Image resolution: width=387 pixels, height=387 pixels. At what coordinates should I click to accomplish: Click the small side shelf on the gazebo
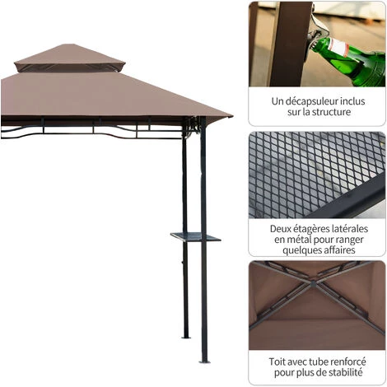(x=196, y=237)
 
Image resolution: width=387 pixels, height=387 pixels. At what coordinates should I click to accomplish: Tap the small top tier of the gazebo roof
(x=70, y=58)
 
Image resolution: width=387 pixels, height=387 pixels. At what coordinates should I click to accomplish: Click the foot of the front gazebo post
(x=203, y=359)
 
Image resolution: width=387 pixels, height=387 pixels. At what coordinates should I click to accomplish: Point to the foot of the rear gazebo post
(x=185, y=336)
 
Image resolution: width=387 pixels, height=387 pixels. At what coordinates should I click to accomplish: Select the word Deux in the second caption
(x=282, y=228)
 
